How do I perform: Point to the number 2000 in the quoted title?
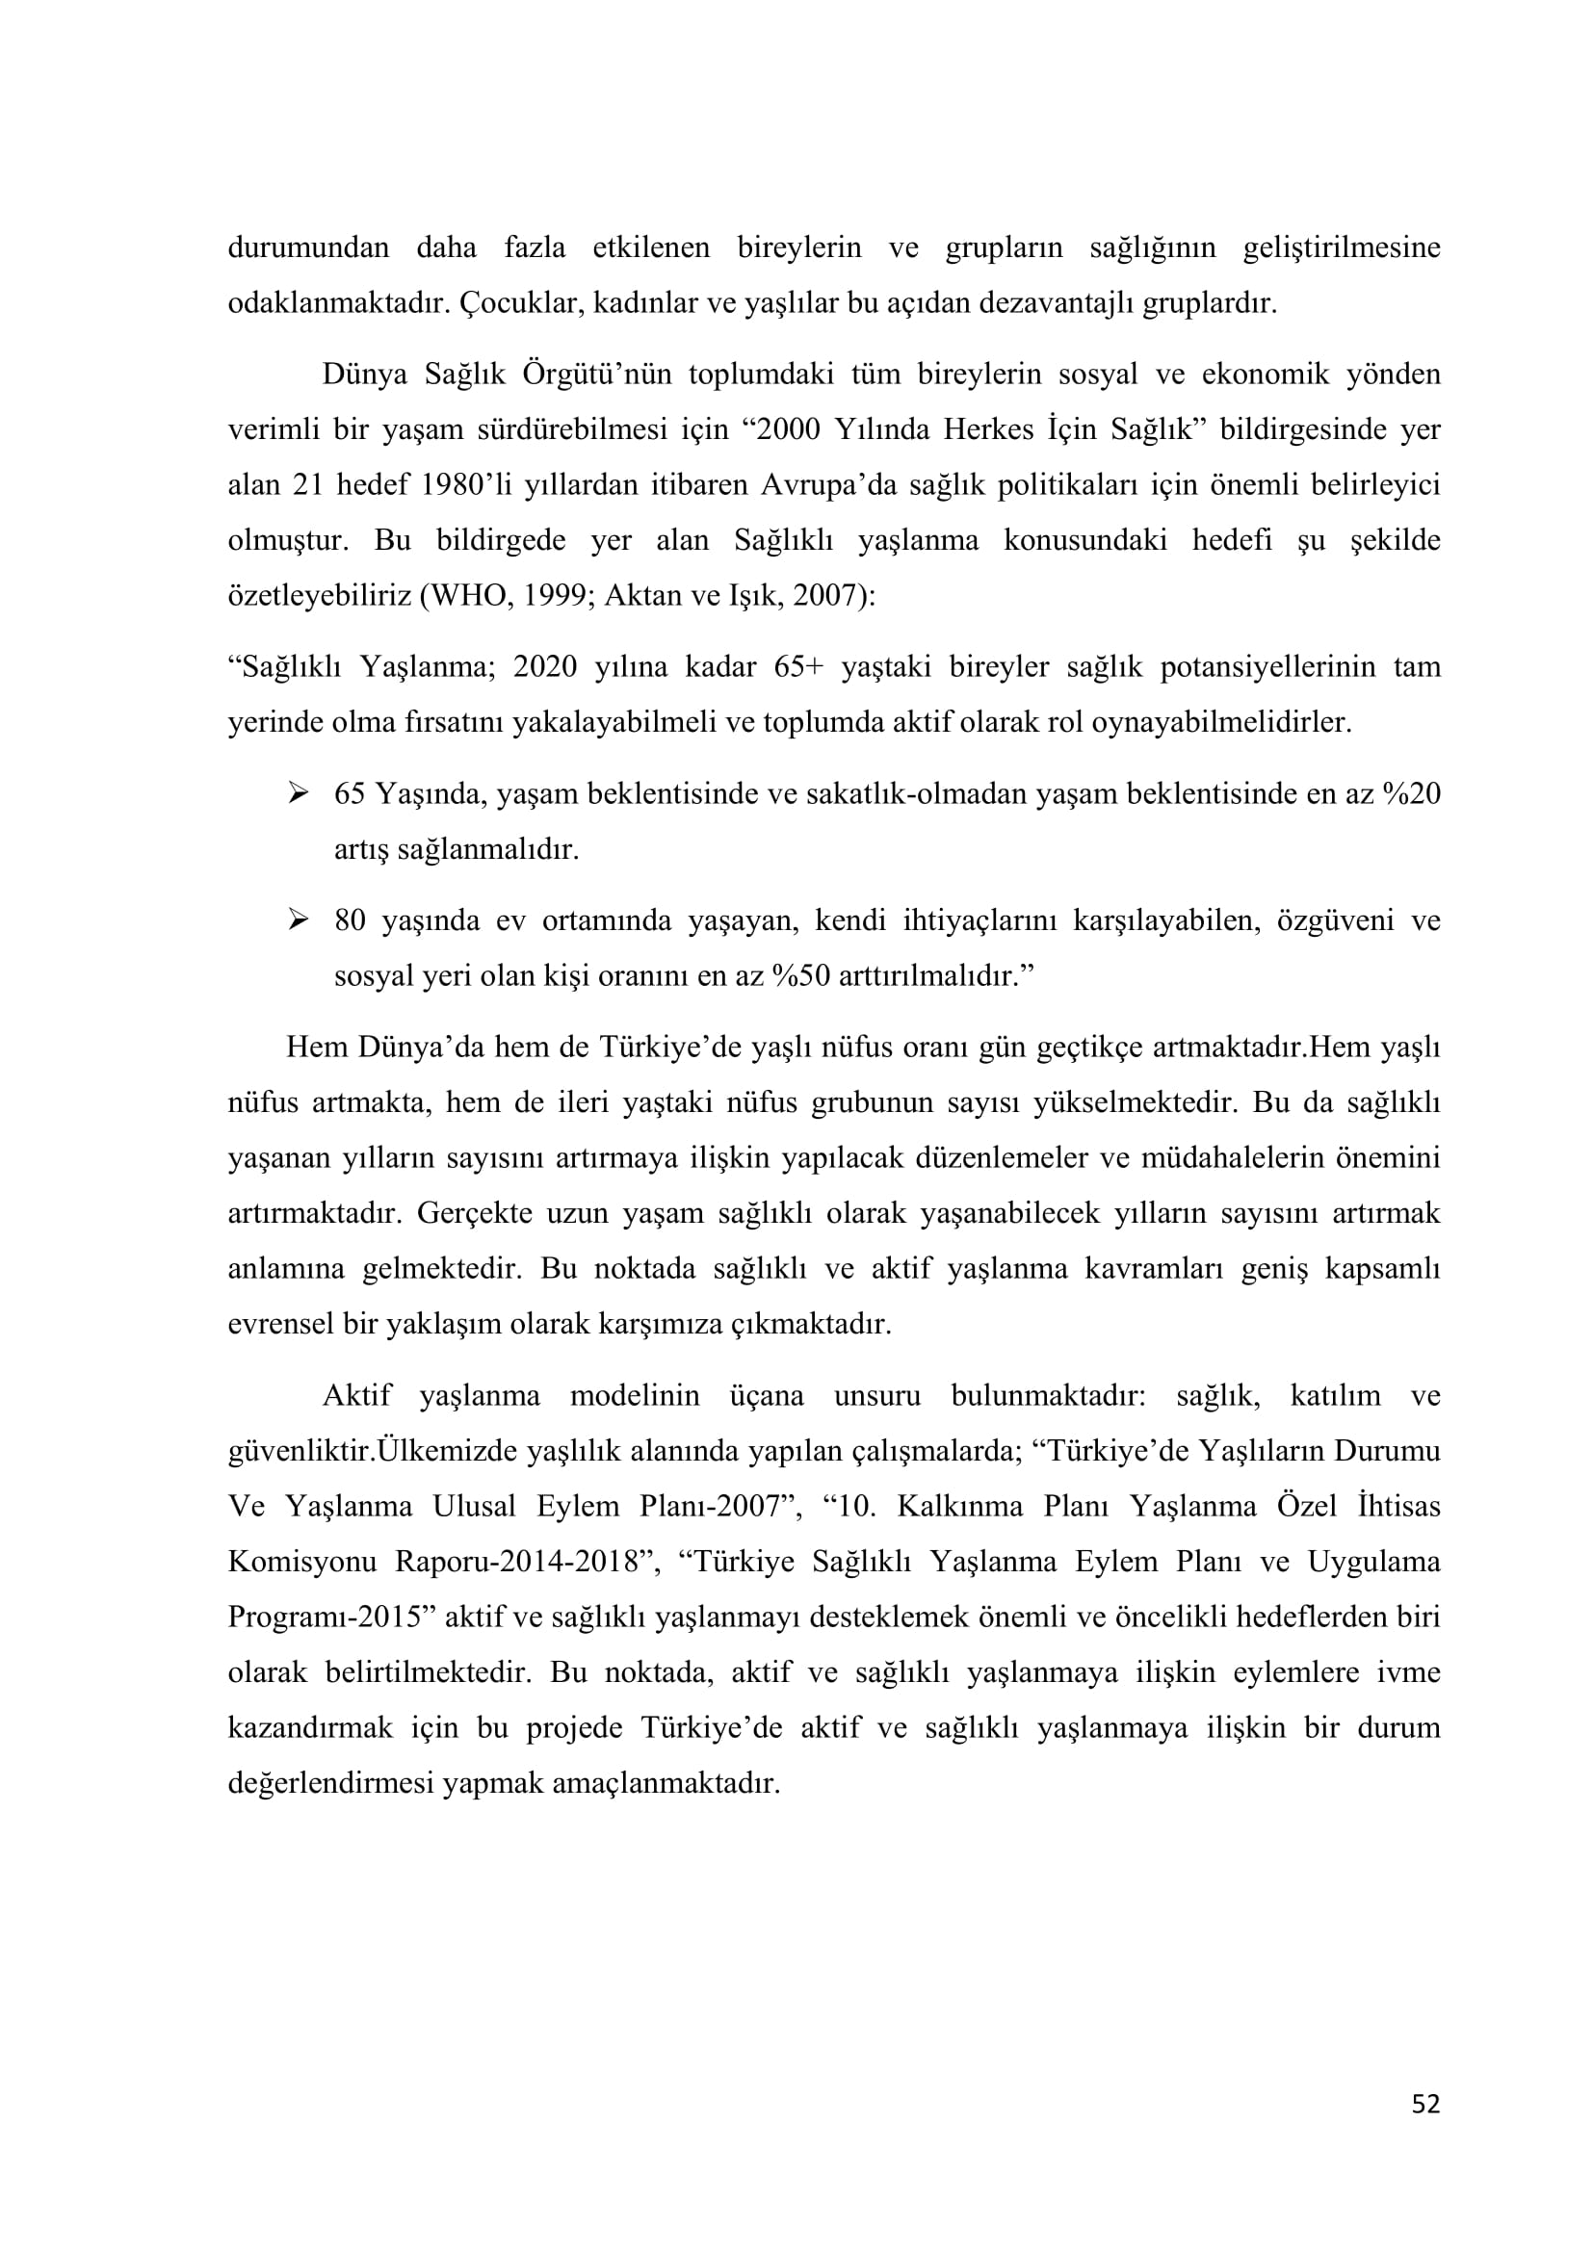click(x=788, y=429)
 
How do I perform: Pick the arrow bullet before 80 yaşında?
click(x=299, y=919)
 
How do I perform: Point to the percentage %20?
click(x=1412, y=793)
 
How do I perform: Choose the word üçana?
click(x=766, y=1395)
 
